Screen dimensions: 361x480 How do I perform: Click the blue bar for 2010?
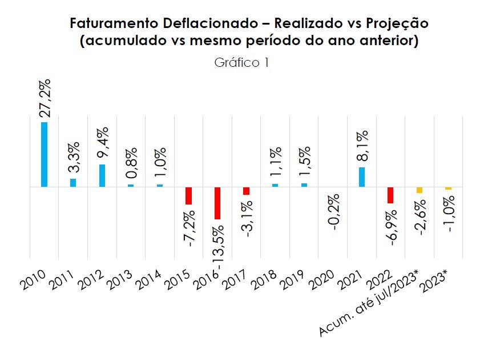(x=44, y=154)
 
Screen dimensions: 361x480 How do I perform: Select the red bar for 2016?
(x=217, y=203)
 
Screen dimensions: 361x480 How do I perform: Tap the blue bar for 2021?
(x=362, y=177)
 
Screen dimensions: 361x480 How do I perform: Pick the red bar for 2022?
(x=390, y=195)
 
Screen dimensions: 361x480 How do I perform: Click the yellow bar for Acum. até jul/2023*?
(x=420, y=190)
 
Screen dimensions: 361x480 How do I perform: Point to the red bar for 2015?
(x=188, y=195)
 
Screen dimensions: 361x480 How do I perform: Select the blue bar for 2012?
(x=102, y=175)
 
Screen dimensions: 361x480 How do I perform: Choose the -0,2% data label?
(x=334, y=213)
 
